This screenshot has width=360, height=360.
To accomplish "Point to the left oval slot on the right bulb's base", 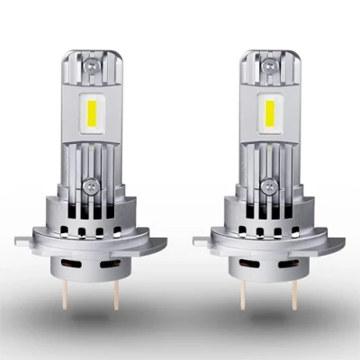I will pyautogui.click(x=251, y=268).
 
